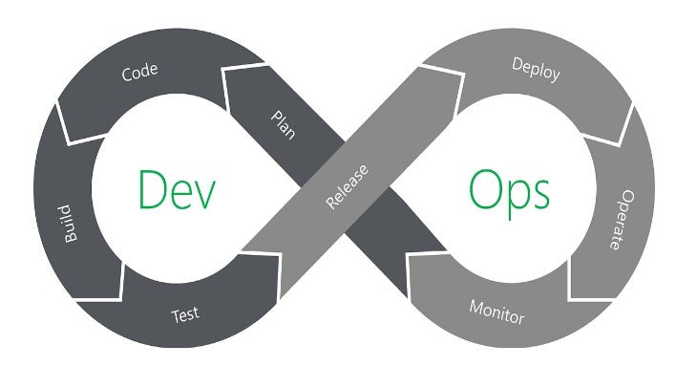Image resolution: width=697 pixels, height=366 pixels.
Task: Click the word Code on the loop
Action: (x=139, y=73)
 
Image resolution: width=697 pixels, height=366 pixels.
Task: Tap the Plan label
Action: (x=285, y=123)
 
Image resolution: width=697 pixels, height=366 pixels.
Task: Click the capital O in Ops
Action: (x=486, y=189)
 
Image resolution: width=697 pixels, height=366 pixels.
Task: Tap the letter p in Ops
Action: (x=517, y=198)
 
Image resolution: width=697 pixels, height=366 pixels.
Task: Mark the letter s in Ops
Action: (x=540, y=194)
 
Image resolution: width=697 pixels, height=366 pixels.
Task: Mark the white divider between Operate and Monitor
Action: (x=573, y=287)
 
